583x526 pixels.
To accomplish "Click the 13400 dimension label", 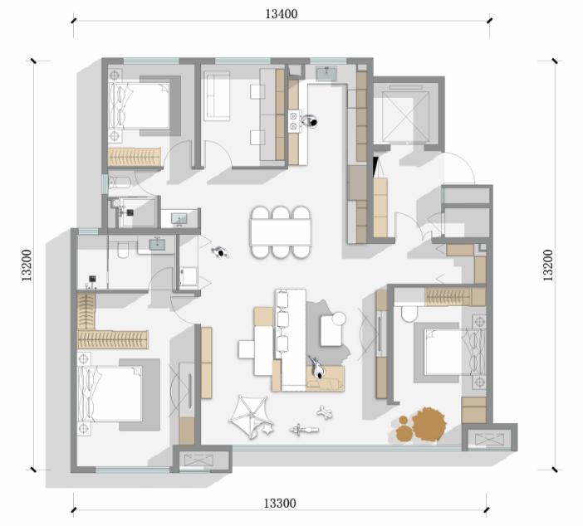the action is (x=281, y=14).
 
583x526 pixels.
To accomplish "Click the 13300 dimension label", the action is (x=280, y=504).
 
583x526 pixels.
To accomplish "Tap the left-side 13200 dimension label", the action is (x=27, y=265).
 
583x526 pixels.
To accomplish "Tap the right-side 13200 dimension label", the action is (x=548, y=265).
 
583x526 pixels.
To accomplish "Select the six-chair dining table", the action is (x=281, y=232).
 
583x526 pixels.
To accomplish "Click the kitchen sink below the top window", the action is (x=326, y=74).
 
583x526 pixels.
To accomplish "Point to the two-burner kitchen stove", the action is (x=294, y=121).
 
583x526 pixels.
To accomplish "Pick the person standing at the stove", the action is (x=309, y=121).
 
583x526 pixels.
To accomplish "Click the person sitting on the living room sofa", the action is (x=316, y=368).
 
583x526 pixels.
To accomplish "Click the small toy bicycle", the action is (x=304, y=430).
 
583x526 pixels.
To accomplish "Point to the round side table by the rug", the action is (x=339, y=319).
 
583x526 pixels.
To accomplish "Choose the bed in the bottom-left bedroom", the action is (x=110, y=394).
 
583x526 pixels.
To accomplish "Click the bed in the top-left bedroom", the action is (x=139, y=106).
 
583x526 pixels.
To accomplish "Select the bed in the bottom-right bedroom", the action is (x=455, y=352).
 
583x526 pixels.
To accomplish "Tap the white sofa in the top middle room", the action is (x=217, y=96).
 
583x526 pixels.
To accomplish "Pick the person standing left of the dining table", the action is (x=221, y=253).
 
